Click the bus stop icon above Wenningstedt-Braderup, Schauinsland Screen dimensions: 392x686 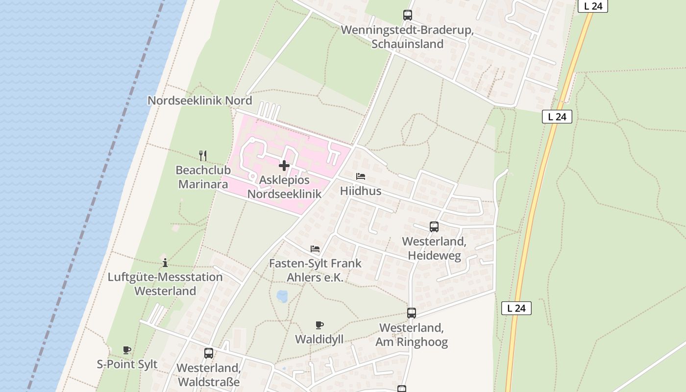click(408, 15)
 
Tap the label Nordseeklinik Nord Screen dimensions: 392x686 click(200, 101)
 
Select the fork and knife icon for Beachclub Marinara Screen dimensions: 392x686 click(203, 156)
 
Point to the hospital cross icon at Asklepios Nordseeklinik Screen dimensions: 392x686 click(284, 166)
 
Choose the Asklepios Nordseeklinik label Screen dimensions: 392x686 click(284, 187)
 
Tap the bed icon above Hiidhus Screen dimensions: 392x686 click(361, 176)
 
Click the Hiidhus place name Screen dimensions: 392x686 click(361, 191)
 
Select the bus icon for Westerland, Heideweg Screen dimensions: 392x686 click(434, 227)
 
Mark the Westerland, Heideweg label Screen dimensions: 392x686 click(434, 249)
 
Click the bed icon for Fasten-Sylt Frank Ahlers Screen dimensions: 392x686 click(315, 249)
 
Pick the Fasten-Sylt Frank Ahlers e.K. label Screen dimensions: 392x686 click(315, 270)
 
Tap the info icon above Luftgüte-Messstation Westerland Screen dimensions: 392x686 click(165, 263)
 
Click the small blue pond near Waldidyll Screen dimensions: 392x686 click(282, 296)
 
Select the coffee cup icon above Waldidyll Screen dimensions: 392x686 click(319, 325)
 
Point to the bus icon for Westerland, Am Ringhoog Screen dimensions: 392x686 click(412, 313)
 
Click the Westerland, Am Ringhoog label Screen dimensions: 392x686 click(412, 335)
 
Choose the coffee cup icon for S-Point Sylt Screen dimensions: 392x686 click(127, 350)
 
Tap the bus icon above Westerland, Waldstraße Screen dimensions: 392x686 click(209, 353)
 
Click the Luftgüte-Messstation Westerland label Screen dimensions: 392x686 click(165, 284)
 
